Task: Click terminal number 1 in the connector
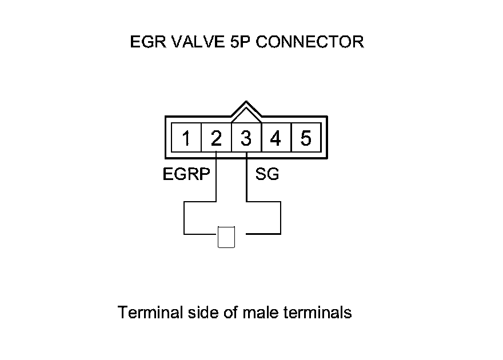[186, 138]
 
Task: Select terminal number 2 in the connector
[216, 138]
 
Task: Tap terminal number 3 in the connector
[246, 138]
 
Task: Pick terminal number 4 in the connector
[276, 138]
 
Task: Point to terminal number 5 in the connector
[306, 138]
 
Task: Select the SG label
[267, 174]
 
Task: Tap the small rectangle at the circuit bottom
[226, 237]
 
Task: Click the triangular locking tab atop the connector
[246, 110]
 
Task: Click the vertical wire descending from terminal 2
[216, 177]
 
